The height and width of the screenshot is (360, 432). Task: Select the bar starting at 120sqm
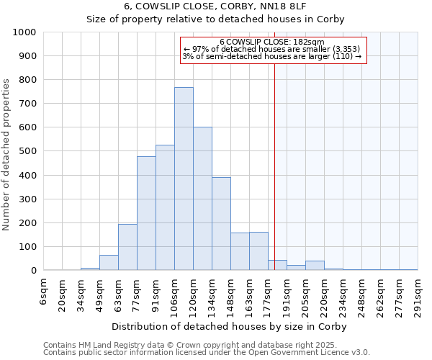click(x=202, y=199)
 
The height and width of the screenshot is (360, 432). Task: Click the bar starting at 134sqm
click(x=221, y=223)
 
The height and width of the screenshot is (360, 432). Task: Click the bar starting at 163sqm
click(x=258, y=251)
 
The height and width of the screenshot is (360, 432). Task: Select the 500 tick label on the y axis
click(x=28, y=151)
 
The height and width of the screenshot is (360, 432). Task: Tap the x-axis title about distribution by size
click(x=231, y=326)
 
